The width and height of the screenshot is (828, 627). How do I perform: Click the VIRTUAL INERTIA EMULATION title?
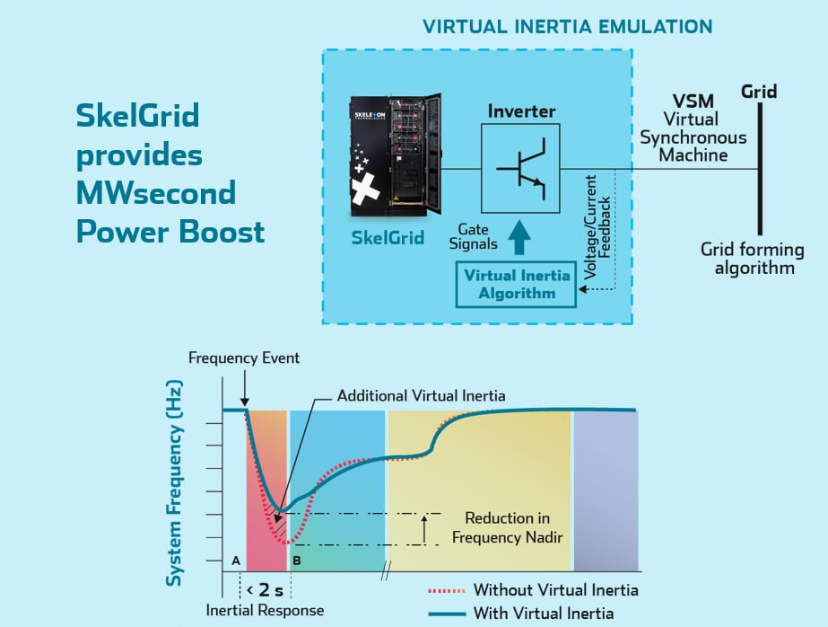point(568,26)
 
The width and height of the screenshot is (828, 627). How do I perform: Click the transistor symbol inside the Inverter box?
point(520,168)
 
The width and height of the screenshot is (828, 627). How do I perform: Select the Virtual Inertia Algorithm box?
point(516,284)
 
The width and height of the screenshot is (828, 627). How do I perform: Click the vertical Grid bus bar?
point(759,168)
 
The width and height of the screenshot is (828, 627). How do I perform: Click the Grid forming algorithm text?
point(747,259)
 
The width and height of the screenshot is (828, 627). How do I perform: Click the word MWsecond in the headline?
point(156,192)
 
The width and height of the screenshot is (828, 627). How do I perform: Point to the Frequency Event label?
point(244,358)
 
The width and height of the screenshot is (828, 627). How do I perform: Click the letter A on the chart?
point(236,560)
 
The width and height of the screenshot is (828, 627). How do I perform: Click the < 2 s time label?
point(266,589)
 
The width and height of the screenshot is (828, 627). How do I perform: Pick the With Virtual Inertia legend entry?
point(543,613)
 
